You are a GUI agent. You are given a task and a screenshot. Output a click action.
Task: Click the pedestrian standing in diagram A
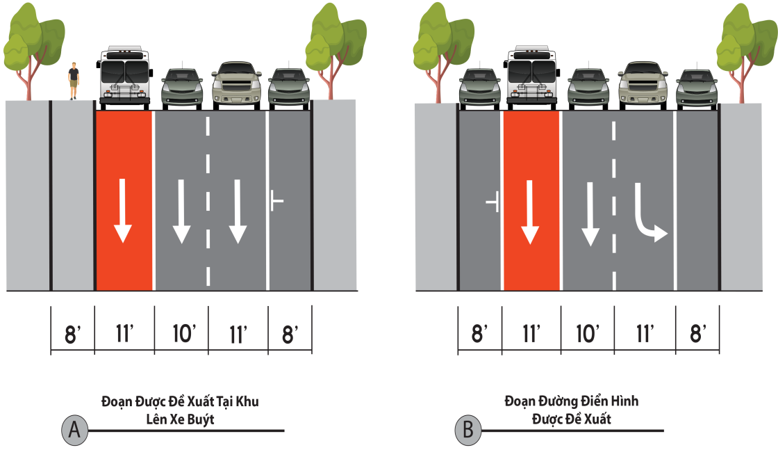74,81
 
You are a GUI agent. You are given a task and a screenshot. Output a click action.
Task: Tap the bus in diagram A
124,78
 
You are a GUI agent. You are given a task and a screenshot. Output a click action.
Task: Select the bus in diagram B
531,77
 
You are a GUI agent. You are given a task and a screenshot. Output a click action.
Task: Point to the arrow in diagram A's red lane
122,211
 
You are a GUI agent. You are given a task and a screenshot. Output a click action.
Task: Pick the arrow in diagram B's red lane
530,212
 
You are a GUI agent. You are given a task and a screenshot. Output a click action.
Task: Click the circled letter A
74,429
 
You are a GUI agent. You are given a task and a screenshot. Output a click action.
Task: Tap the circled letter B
468,430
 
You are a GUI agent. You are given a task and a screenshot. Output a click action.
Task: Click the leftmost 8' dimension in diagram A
72,335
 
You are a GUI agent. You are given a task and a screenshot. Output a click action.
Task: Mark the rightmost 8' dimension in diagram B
697,333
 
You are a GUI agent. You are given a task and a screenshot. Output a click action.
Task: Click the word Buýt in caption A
201,419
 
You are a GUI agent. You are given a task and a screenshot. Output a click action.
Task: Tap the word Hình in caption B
624,401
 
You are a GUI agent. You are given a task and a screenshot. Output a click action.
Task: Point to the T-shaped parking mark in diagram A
276,200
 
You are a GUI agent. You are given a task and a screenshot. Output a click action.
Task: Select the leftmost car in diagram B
479,88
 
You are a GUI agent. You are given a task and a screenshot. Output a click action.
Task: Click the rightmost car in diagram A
289,88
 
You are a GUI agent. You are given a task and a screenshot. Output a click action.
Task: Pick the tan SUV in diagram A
237,86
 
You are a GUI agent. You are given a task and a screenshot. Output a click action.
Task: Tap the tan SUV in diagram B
643,85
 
